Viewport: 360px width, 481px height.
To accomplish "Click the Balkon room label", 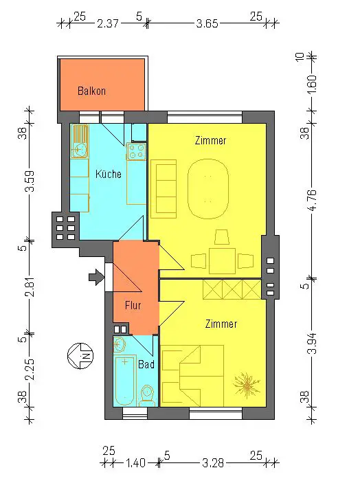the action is [x=91, y=91].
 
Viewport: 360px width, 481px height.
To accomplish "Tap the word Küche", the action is [x=109, y=174].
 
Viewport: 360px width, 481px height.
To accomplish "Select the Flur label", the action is [x=133, y=305].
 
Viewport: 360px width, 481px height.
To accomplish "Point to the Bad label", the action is [x=146, y=364].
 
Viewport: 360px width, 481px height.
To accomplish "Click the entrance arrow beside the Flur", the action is [x=97, y=277].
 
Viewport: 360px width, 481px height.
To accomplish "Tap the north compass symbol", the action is [x=80, y=356].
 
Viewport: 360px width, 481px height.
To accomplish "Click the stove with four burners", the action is [x=136, y=152].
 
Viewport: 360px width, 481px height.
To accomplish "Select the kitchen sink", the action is [x=80, y=142].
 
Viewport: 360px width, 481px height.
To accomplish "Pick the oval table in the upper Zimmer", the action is [x=208, y=189].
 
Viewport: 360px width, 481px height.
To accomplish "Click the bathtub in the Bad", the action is [x=125, y=381].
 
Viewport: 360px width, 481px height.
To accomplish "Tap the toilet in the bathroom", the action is [x=147, y=395].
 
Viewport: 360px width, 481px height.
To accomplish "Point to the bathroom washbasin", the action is [x=120, y=344].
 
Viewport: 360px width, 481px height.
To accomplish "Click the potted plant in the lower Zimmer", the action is [x=246, y=385].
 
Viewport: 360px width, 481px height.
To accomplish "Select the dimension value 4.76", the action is [x=312, y=200].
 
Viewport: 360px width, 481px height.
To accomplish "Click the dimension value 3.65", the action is [x=207, y=23].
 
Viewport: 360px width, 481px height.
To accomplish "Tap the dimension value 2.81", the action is [x=30, y=287].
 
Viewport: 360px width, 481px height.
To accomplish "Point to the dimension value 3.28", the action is [x=213, y=462].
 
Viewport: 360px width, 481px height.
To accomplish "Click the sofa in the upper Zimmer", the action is [x=164, y=189].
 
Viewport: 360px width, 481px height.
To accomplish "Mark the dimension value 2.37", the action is [x=108, y=23].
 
